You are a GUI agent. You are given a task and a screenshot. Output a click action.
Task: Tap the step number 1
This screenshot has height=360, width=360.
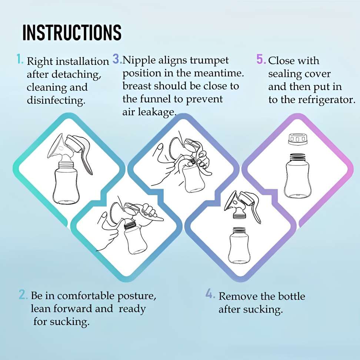[x=20, y=59]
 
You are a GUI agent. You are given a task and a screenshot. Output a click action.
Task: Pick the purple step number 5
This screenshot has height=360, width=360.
[x=261, y=59]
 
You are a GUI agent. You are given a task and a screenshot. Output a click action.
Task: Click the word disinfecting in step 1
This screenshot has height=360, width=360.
[x=56, y=100]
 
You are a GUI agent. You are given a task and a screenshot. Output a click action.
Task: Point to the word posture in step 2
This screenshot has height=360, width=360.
[x=137, y=296]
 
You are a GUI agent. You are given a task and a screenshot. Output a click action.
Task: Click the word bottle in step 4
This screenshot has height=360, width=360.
[x=291, y=296]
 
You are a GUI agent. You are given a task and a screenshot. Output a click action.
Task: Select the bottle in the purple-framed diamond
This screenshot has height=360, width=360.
[x=299, y=176]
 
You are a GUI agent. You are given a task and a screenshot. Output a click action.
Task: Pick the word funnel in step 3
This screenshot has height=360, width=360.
[x=154, y=99]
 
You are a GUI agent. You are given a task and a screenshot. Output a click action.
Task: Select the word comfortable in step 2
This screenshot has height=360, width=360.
[x=86, y=296]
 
